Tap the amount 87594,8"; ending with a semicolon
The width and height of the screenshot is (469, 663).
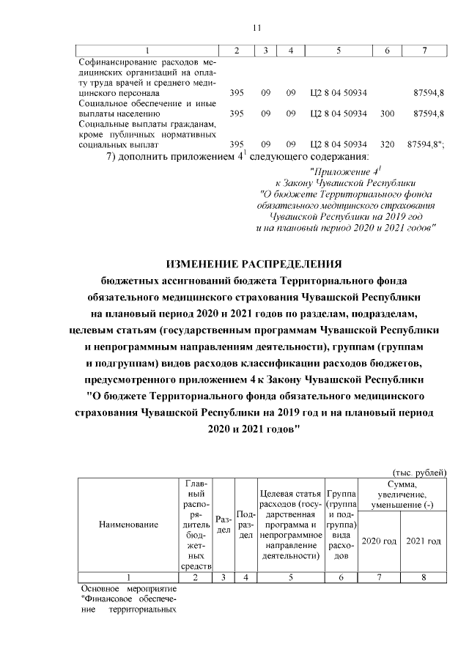click(426, 145)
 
